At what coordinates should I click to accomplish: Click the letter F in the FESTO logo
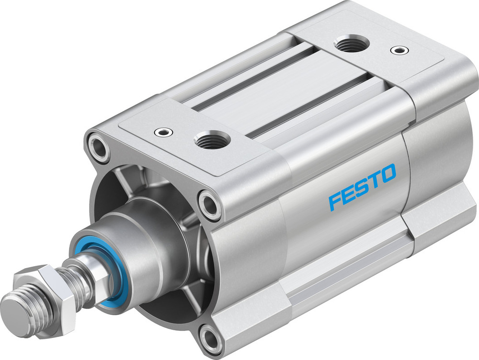(336, 200)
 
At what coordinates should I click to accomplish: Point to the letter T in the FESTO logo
(374, 179)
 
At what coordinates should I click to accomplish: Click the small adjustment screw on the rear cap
(397, 49)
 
